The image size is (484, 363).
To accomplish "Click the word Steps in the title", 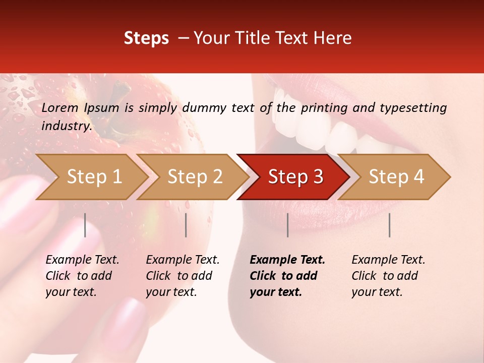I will (x=146, y=38).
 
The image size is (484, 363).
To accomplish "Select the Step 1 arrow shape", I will (x=93, y=177).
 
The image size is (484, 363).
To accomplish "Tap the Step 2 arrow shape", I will (x=194, y=177).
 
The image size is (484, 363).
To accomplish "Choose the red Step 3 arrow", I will (x=295, y=177).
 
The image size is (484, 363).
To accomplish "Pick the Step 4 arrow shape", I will (x=396, y=177).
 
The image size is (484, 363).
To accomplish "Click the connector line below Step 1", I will (x=85, y=225).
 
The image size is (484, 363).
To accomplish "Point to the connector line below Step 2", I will (x=186, y=225).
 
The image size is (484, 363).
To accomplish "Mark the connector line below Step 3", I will (x=288, y=225).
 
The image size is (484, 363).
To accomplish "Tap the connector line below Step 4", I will (x=390, y=225).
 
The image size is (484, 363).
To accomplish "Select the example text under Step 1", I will (x=83, y=276).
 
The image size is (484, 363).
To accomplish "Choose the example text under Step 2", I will (x=183, y=276).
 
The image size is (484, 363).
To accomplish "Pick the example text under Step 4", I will (x=388, y=276).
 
